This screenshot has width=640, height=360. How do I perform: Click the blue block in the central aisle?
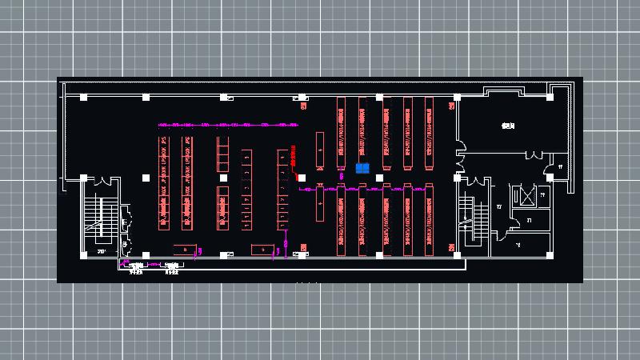tap(362, 168)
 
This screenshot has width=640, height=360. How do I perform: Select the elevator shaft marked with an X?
tap(524, 195)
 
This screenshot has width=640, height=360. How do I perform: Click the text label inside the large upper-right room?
tap(506, 126)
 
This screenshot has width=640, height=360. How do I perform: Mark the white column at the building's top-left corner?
tap(84, 97)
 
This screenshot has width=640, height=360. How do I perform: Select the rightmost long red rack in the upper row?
tap(429, 132)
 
